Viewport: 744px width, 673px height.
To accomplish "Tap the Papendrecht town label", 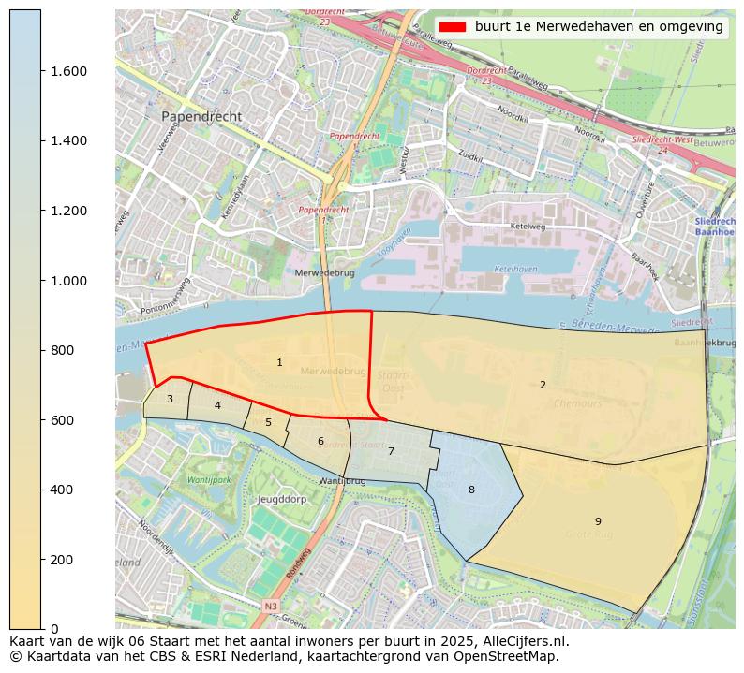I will [x=201, y=117].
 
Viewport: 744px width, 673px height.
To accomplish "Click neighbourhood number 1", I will [x=279, y=362].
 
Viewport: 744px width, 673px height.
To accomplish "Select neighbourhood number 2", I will [x=543, y=385].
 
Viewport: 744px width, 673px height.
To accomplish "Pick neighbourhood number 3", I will [x=170, y=399].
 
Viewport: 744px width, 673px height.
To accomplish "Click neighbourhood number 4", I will [x=217, y=405].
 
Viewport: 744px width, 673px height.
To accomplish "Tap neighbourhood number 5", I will [x=268, y=422].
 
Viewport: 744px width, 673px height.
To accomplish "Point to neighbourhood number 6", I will [x=320, y=441].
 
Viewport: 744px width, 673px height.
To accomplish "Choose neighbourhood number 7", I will [x=391, y=451].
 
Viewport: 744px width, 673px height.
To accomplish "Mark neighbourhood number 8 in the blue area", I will [x=471, y=490].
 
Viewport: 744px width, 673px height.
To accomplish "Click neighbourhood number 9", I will [x=598, y=521].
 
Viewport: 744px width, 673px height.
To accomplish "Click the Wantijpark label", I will [x=209, y=479].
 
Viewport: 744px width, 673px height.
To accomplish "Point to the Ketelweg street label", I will [x=527, y=227].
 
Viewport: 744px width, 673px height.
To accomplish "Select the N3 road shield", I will [x=271, y=607].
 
